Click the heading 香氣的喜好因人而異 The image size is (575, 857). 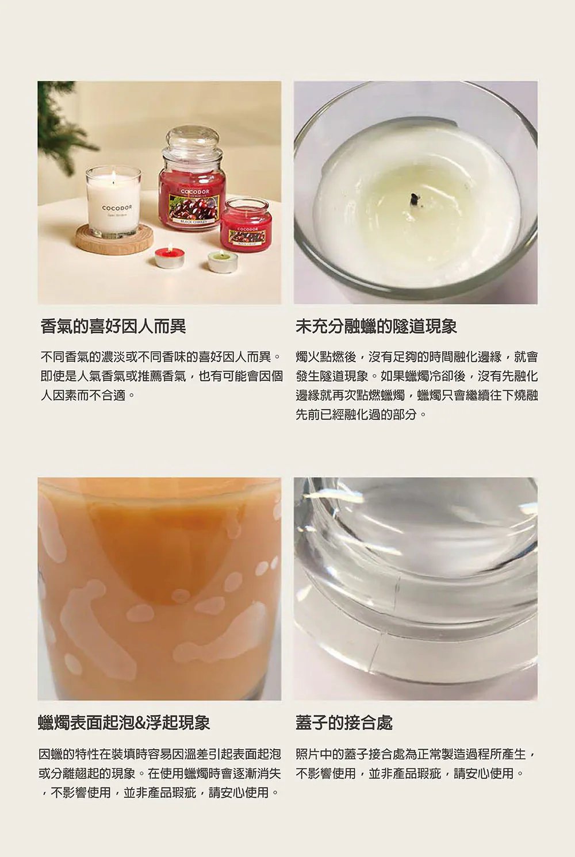113,326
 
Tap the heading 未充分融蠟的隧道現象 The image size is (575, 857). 376,326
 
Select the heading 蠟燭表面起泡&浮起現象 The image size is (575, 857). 124,723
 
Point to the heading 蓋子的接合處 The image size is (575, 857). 344,723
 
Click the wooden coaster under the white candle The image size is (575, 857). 114,239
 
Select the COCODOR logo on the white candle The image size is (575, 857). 117,207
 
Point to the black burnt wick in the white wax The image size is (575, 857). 414,198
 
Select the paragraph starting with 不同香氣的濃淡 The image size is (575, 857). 162,376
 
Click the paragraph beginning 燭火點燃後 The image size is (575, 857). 416,385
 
